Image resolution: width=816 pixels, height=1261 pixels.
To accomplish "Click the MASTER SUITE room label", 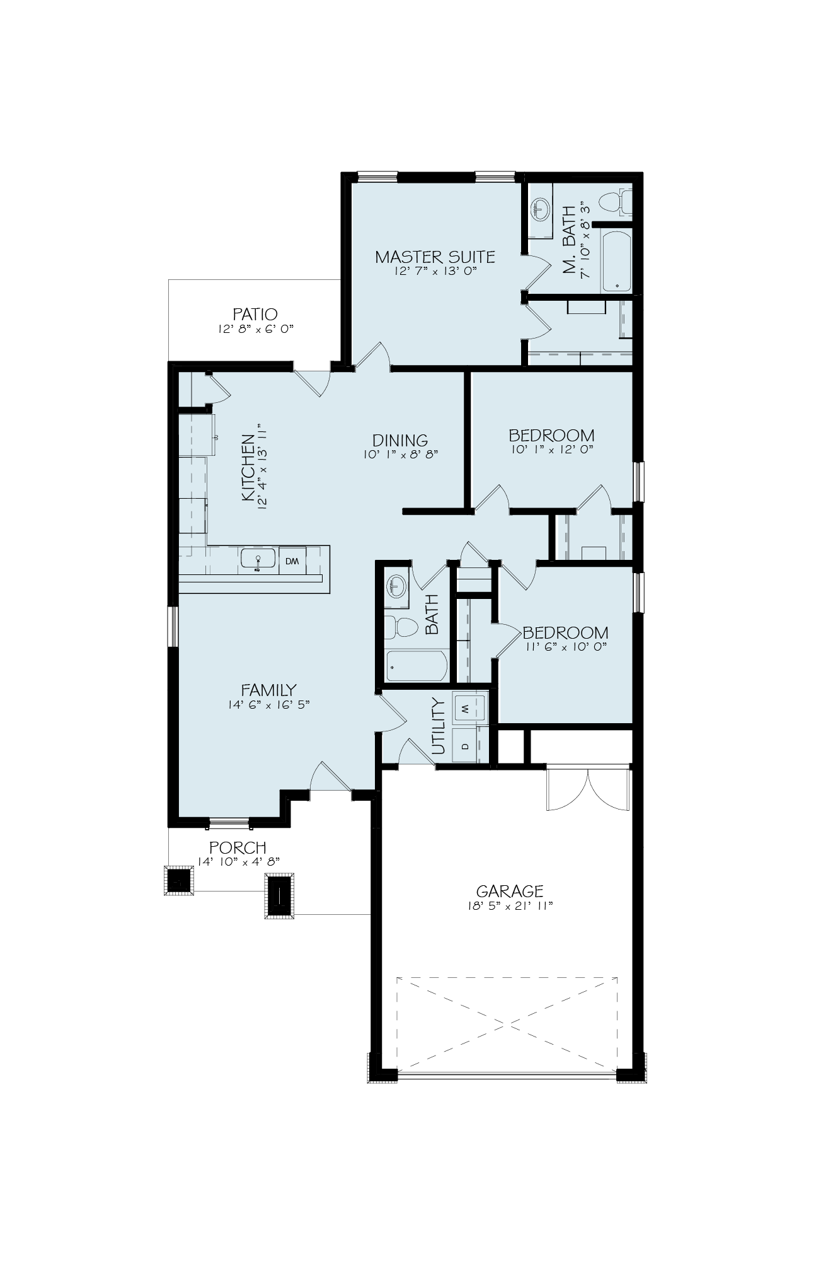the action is tap(435, 257).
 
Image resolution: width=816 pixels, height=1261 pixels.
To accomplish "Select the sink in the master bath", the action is tap(540, 207).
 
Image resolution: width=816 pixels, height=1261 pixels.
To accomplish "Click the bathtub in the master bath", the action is tap(616, 262).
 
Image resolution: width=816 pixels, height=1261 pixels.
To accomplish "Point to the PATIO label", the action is tap(255, 314).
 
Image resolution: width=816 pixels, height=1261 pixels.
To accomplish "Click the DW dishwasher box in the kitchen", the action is tap(292, 561).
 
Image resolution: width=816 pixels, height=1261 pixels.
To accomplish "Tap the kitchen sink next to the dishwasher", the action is tap(258, 559).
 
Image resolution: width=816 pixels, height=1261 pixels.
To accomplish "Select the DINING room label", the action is tap(400, 440).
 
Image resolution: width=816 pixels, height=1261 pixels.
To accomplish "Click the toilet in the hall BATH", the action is tap(402, 627).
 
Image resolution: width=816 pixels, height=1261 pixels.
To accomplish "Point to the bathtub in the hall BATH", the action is tap(417, 666).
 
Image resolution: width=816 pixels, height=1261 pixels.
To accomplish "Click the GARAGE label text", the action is tap(510, 891).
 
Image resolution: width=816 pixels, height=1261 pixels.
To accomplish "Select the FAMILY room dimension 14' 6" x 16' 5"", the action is tap(269, 706).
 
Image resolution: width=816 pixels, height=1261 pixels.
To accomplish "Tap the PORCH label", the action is tap(238, 848).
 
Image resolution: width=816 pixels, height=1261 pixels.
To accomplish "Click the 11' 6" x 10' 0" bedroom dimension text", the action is tap(565, 647).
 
